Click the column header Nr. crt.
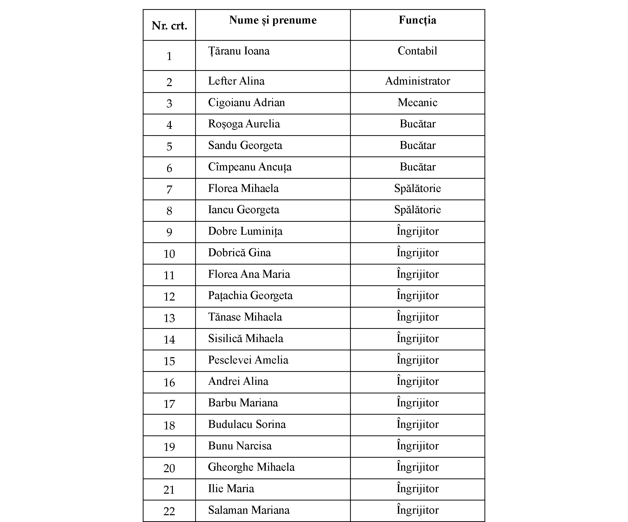(x=169, y=26)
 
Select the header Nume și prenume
(x=273, y=20)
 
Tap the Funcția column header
(x=417, y=20)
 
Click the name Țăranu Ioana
(x=239, y=51)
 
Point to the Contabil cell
(x=417, y=51)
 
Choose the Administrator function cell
(x=417, y=81)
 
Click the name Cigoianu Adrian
(x=246, y=103)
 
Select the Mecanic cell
(x=417, y=103)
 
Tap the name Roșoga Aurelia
(x=244, y=124)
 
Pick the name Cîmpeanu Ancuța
(x=249, y=167)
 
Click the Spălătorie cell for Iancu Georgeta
(x=417, y=210)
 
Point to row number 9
(x=169, y=232)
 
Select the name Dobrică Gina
(x=239, y=253)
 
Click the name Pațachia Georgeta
(x=250, y=295)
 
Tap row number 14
(x=169, y=339)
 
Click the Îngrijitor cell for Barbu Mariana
(x=417, y=403)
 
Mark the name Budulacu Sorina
(x=247, y=424)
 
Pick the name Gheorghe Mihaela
(x=251, y=467)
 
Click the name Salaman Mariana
(x=249, y=510)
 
